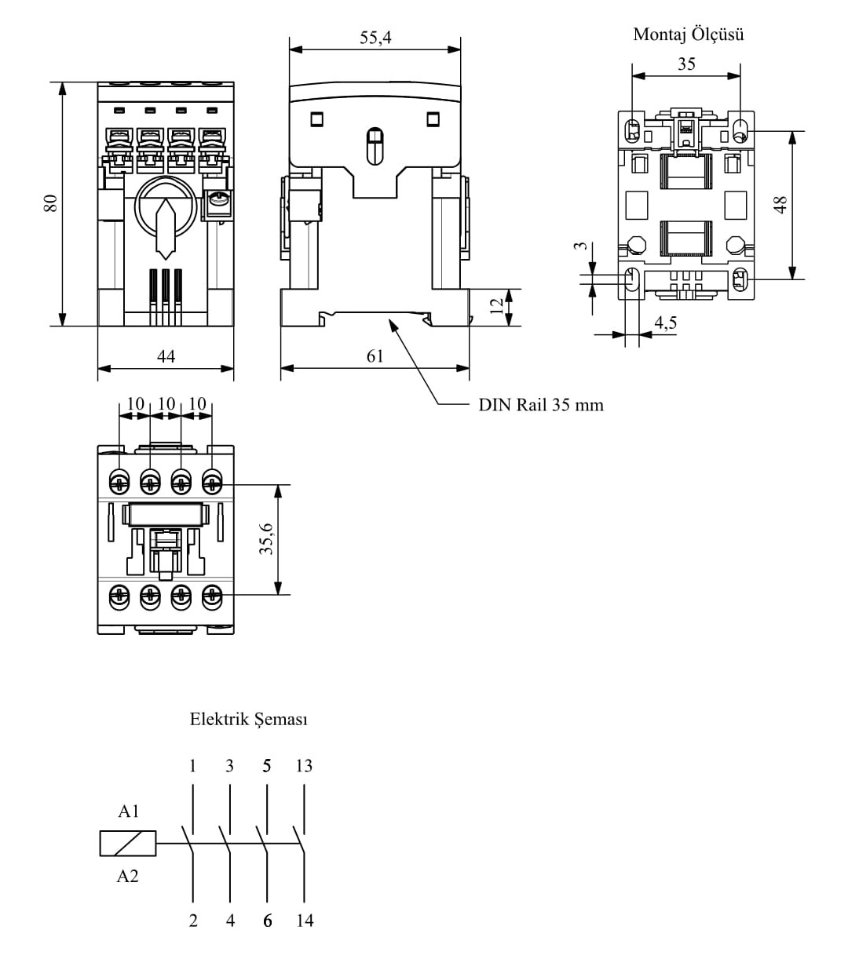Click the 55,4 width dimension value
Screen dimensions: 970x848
(375, 37)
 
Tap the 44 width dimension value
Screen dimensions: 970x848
(166, 356)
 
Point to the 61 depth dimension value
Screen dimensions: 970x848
(375, 356)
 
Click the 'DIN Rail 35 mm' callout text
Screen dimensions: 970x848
(541, 405)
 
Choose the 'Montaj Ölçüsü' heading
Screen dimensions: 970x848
(688, 35)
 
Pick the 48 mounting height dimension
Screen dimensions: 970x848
(780, 205)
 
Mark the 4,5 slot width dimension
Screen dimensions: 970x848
(665, 323)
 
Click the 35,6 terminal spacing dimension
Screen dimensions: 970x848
(267, 539)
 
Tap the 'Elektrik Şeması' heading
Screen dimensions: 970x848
(249, 719)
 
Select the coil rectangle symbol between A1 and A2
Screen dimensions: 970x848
(128, 844)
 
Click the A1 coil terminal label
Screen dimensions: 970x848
(128, 811)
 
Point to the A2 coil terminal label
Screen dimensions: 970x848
(127, 877)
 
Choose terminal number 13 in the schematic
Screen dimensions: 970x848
(304, 766)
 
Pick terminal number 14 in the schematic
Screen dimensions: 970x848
(305, 921)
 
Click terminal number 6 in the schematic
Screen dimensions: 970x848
(268, 921)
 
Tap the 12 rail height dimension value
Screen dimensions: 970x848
(496, 307)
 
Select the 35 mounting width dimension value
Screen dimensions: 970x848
(686, 64)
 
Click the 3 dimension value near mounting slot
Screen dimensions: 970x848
(580, 246)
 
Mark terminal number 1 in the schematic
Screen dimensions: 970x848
(193, 766)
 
